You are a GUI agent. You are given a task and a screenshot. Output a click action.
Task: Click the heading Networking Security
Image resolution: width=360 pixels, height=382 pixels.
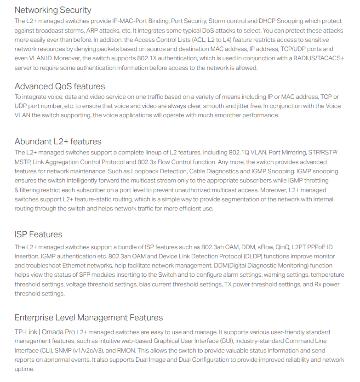(53, 10)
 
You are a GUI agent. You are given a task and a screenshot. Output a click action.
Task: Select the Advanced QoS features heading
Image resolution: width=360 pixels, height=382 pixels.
(60, 86)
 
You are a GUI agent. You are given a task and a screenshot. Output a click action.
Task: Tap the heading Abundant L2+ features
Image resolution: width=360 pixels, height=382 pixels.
(58, 141)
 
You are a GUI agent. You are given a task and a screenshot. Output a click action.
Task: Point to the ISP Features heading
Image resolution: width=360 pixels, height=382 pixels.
(38, 234)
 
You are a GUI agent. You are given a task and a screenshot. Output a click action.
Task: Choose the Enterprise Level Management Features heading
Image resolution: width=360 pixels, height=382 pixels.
(89, 318)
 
